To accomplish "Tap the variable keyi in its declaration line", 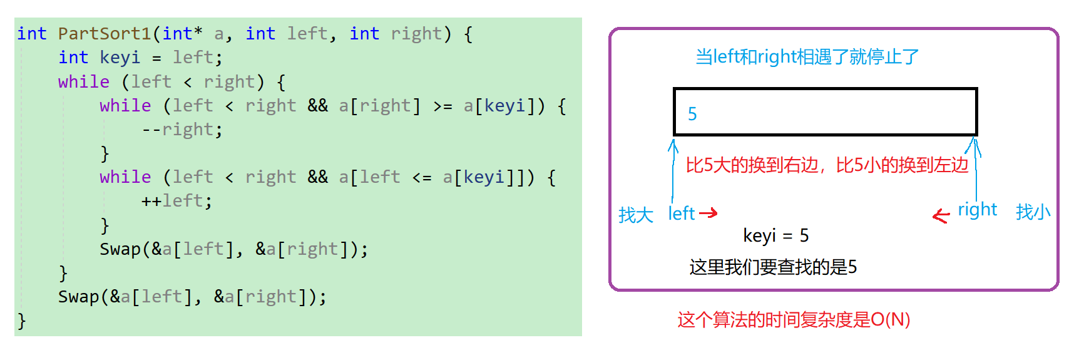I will point(120,58).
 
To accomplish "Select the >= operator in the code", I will point(442,106).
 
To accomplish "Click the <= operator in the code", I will point(422,177).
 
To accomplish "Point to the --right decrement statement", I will point(182,130).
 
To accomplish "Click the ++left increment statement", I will point(176,201).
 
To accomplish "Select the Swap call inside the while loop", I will point(233,249).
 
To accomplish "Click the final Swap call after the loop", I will point(192,297).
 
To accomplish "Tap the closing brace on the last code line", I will point(22,321).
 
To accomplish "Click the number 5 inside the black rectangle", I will point(692,114).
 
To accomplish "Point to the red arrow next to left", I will point(708,213).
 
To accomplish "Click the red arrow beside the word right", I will point(941,216).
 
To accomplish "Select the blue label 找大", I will point(635,215).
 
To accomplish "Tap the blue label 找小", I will point(1033,212).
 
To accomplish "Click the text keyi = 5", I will point(775,235).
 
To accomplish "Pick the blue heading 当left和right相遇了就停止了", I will point(807,57).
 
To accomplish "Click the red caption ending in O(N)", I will point(793,320).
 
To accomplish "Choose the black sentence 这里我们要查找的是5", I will point(773,267).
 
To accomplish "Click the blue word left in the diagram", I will point(682,213).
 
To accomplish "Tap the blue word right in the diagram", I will point(977,210).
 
